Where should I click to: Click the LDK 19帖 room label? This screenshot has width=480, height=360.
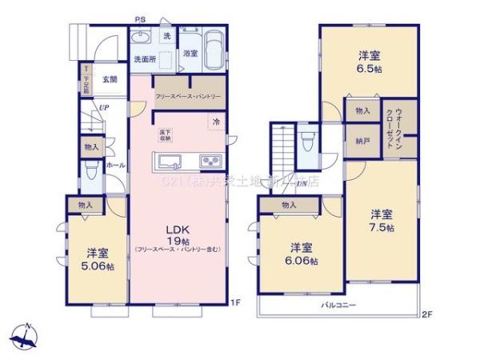[178, 233]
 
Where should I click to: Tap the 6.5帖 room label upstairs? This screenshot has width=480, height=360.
[369, 62]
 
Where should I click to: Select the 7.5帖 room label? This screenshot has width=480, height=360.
[381, 221]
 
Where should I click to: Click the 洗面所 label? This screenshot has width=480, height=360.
[144, 59]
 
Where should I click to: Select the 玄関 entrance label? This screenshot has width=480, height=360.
[110, 80]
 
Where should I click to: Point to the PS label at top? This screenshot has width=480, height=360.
[140, 18]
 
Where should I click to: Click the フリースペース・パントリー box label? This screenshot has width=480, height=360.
[188, 96]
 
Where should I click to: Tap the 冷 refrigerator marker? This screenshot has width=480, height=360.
[216, 122]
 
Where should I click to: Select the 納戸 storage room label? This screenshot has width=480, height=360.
[362, 142]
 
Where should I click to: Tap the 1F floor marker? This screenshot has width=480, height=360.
[235, 302]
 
